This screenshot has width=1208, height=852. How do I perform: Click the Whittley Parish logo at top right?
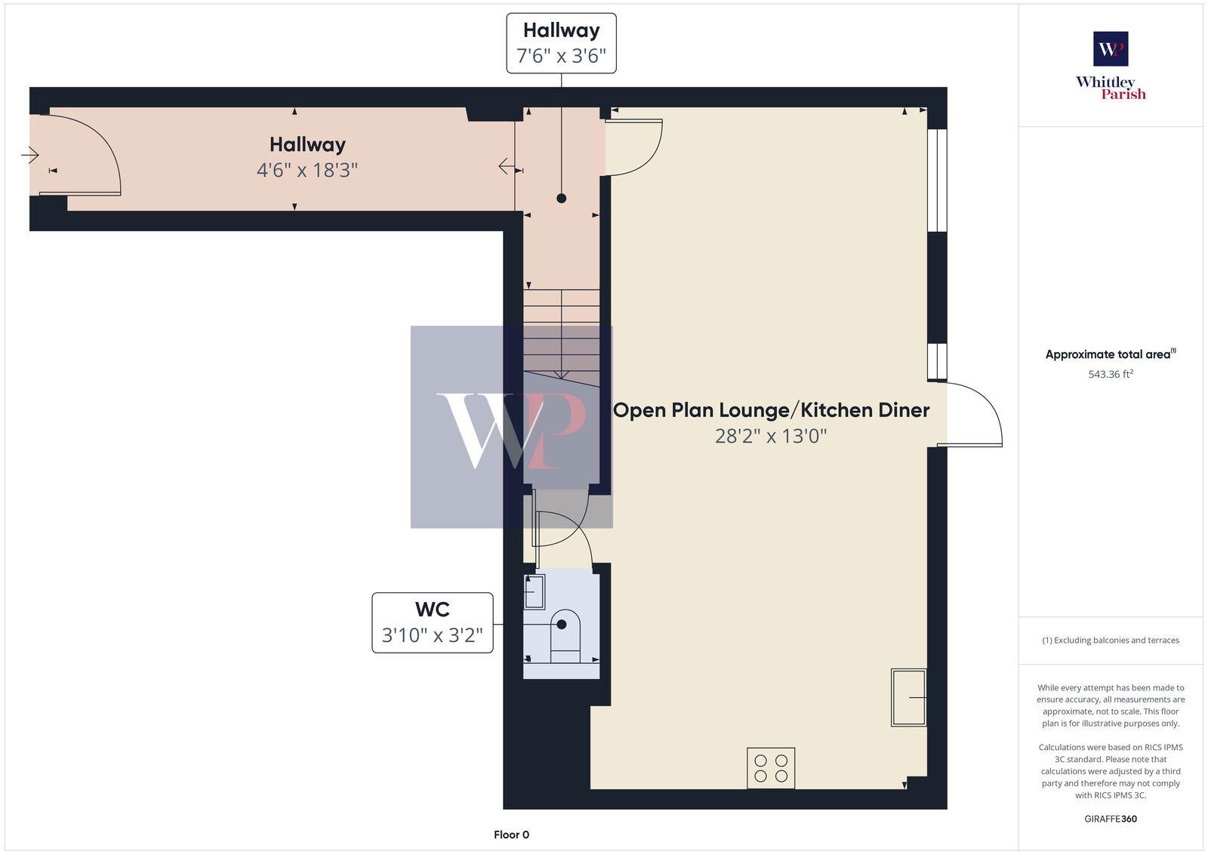(x=1111, y=66)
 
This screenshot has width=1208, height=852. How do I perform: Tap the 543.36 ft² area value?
(x=1111, y=374)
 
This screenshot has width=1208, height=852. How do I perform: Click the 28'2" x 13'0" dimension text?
(x=771, y=436)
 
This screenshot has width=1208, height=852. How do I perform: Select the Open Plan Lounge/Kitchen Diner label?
(x=771, y=410)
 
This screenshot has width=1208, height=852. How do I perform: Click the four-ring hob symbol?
(x=771, y=768)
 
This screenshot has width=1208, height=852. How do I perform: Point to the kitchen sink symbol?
(x=908, y=697)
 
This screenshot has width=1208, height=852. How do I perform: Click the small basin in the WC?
(x=535, y=591)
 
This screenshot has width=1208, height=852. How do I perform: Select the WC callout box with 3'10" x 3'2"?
(x=432, y=622)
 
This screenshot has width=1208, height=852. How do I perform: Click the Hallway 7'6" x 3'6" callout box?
(x=561, y=43)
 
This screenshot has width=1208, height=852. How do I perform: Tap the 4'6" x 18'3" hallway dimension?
(x=307, y=170)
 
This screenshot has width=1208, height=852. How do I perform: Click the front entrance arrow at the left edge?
(x=30, y=156)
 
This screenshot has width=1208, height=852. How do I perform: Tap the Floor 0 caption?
(x=511, y=835)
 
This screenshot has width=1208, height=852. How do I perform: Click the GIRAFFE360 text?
(x=1111, y=819)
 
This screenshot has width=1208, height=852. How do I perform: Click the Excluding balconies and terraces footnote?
(x=1111, y=641)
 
